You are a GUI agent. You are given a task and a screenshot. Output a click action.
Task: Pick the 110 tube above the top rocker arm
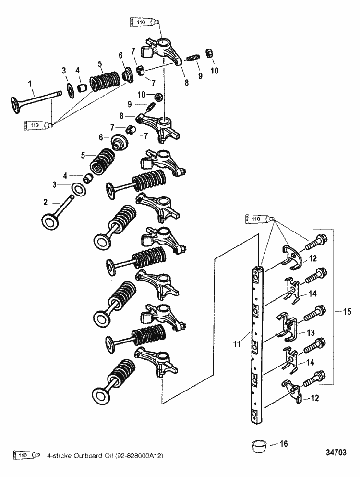coord(144,22)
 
